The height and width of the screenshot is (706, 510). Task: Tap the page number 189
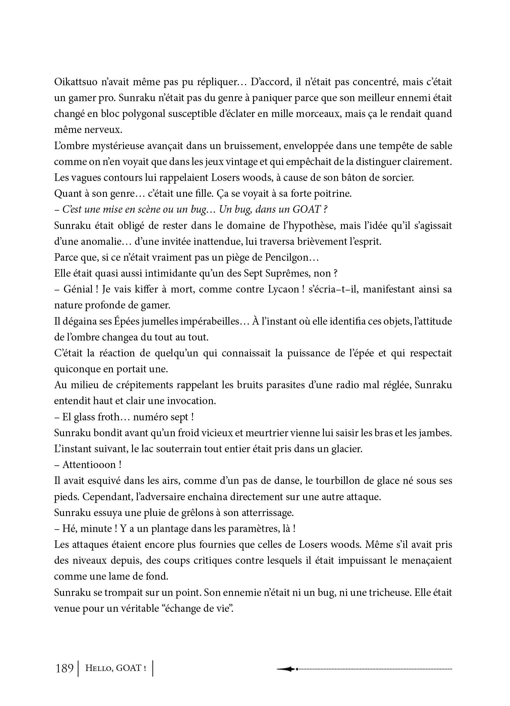click(64, 668)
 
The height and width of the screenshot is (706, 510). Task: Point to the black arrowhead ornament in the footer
click(286, 668)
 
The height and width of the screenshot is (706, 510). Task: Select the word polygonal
click(143, 114)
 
